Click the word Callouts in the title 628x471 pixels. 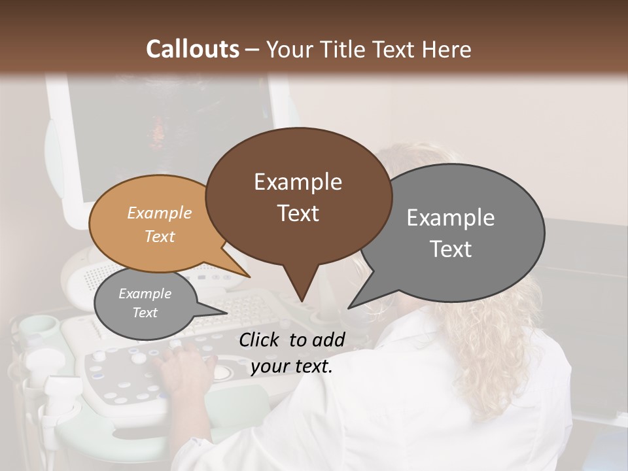tap(192, 49)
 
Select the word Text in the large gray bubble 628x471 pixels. tap(451, 249)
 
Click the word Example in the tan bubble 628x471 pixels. tap(160, 213)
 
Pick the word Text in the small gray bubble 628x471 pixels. tap(145, 313)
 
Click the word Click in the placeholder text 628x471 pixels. tap(261, 339)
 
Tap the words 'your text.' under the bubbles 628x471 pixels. tap(292, 366)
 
